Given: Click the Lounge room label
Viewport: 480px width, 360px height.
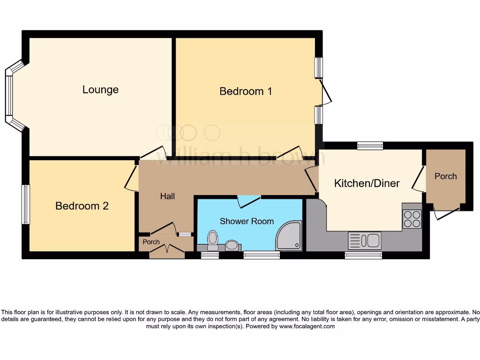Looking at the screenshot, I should tap(100, 90).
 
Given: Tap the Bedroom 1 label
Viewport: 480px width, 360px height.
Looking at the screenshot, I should tap(246, 91).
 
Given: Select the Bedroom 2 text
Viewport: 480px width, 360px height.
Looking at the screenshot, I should tap(82, 206).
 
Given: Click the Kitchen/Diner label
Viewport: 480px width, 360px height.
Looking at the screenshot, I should tap(367, 183).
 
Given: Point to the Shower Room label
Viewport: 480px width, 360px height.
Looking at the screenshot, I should tap(247, 221).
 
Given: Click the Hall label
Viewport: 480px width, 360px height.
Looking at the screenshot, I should tap(167, 196).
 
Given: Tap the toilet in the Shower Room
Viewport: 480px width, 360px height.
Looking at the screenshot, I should tap(213, 239).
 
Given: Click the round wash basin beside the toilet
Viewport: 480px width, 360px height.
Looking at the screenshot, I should tap(232, 245).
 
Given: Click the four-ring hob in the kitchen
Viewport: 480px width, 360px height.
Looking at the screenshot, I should tap(412, 219).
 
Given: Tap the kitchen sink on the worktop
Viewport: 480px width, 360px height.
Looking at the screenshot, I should tap(364, 241).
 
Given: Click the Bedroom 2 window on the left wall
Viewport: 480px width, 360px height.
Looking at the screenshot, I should tap(26, 204).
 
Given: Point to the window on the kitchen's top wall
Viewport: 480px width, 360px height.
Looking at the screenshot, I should tap(370, 146).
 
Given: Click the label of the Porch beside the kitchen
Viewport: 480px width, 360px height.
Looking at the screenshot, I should tap(445, 176).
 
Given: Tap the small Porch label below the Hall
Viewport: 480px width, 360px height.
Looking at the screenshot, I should tap(151, 242).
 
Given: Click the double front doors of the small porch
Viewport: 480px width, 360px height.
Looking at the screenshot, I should tap(166, 252).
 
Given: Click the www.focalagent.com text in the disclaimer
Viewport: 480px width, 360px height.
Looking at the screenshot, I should tap(307, 326).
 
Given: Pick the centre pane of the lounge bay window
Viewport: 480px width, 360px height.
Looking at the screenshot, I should tap(8, 96).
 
